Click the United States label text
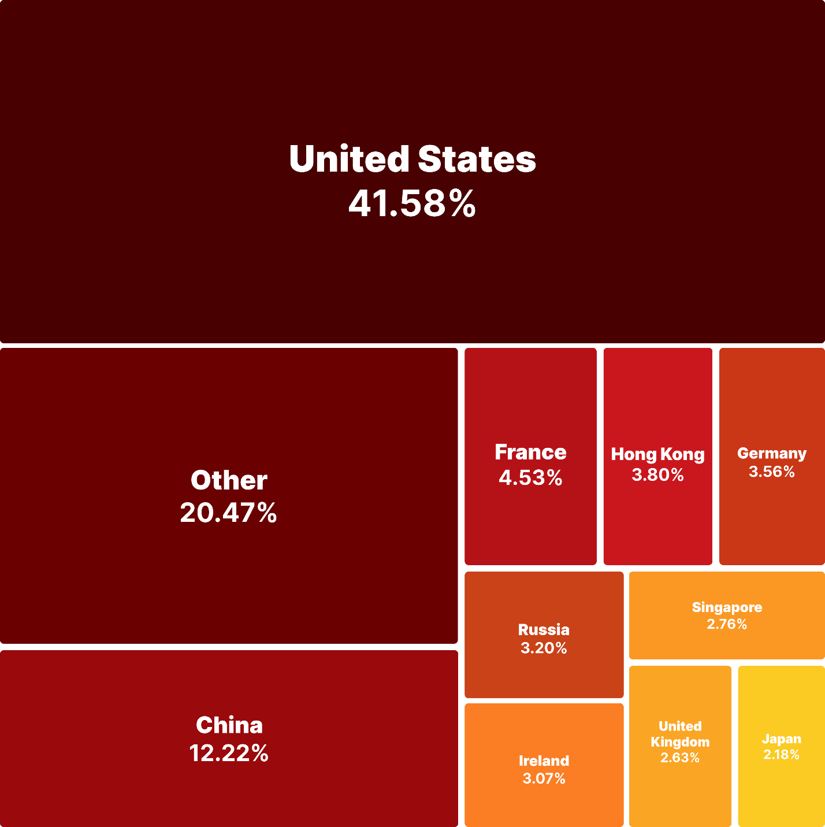tap(412, 159)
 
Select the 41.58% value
tap(412, 203)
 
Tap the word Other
tap(229, 480)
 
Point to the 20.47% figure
tap(229, 513)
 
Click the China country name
tap(229, 725)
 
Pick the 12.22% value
tap(229, 753)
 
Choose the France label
tap(530, 452)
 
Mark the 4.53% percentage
tap(530, 478)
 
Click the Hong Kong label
tap(657, 454)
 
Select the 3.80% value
tap(657, 475)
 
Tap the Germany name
tap(772, 454)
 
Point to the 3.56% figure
tap(772, 472)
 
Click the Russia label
tap(544, 629)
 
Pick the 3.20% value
tap(544, 648)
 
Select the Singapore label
tap(727, 607)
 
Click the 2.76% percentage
tap(727, 624)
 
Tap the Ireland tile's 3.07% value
tap(544, 778)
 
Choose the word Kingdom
tap(680, 742)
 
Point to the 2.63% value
tap(680, 758)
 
